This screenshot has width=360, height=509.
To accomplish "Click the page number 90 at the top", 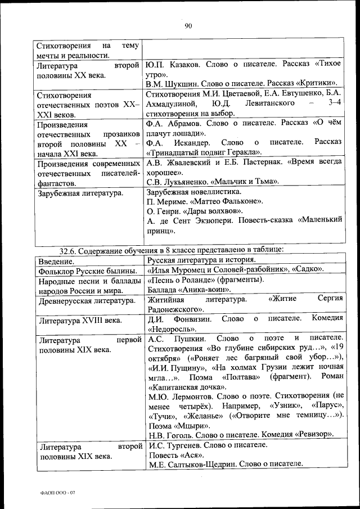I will [188, 25].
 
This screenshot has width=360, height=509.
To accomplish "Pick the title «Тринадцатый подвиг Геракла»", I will [203, 152].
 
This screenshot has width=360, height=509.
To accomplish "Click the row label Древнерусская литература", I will [83, 300].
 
